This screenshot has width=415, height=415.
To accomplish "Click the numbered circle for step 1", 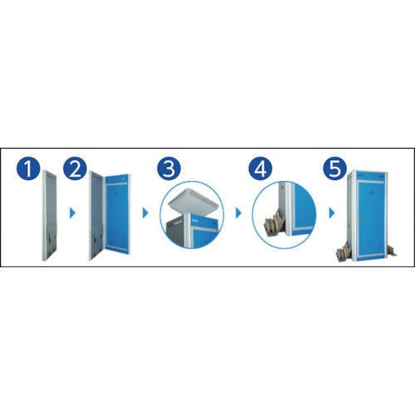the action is click(x=28, y=168).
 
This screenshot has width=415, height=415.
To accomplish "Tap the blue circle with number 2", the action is click(x=75, y=168).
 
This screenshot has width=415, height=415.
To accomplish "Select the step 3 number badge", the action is click(x=169, y=168).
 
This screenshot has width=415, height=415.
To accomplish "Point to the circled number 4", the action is click(x=261, y=168).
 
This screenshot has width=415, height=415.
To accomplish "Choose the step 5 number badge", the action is click(x=335, y=168).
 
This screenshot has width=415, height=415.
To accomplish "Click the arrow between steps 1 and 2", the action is click(x=72, y=213).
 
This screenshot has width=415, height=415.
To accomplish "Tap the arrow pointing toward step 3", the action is click(x=145, y=213).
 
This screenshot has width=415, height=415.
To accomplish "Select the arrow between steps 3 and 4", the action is click(x=238, y=213).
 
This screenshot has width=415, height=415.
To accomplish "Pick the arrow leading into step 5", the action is click(x=332, y=213).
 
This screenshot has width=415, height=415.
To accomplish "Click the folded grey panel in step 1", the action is click(x=50, y=215).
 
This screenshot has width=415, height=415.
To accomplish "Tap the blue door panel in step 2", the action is click(x=117, y=213).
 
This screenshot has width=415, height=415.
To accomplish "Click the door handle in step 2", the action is click(x=108, y=217).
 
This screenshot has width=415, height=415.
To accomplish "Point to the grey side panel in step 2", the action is click(x=96, y=215).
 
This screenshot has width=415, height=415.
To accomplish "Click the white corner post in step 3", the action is click(x=188, y=230).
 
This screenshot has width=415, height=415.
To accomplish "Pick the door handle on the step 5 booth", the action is click(x=361, y=221).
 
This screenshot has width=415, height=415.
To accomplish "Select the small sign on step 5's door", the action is click(x=372, y=191).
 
